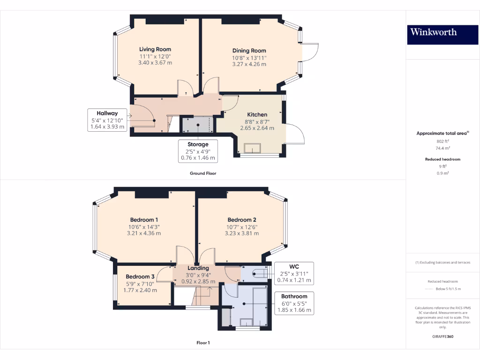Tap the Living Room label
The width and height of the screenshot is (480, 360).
155,49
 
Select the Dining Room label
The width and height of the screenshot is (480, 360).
249,51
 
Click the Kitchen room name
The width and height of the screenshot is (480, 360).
257,114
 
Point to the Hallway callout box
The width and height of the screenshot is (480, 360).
107,120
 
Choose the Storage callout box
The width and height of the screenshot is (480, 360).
198,151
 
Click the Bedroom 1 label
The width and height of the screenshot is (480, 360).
144,220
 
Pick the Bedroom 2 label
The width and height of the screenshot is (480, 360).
242,220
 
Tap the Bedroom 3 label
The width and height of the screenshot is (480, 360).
140,277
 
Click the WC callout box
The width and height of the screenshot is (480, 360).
294,274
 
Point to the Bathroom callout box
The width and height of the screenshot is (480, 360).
294,303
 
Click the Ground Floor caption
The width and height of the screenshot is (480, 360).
203,173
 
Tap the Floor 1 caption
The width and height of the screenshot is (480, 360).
203,343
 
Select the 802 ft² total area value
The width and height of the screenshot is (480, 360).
442,141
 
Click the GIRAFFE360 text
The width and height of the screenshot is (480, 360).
442,336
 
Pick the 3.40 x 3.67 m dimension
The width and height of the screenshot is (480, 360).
155,63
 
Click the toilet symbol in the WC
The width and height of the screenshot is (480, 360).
259,273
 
